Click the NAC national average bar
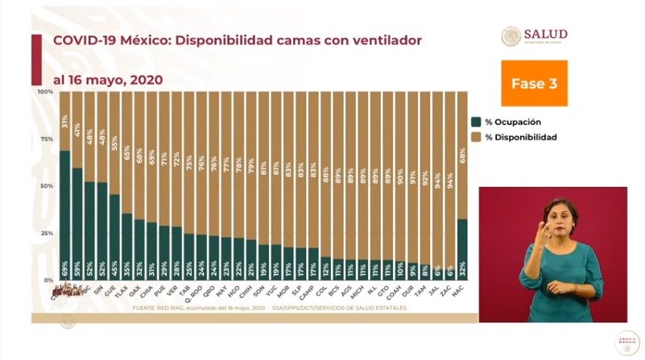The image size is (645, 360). point(461,250)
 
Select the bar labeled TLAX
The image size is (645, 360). point(126,246)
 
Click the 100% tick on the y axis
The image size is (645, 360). point(45,92)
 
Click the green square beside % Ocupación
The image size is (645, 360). point(476,122)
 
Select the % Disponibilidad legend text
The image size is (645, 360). point(521,137)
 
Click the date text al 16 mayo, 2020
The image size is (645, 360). point(109,80)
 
